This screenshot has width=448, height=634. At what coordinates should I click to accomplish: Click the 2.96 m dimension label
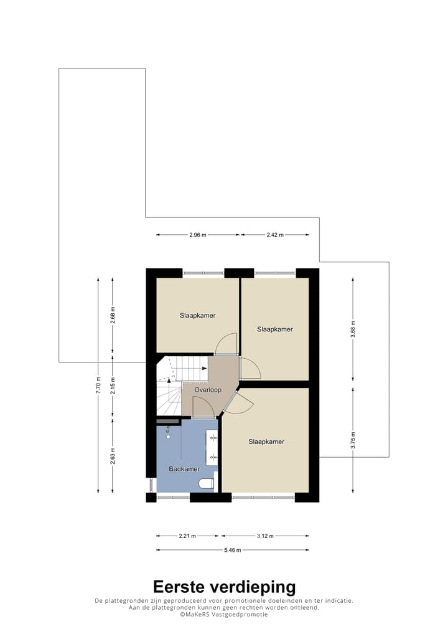pos(198,235)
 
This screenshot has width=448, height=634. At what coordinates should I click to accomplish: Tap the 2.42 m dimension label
pos(275,235)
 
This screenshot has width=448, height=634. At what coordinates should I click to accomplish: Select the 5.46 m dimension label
pos(233,550)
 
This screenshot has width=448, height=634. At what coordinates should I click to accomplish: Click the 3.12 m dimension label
pos(265,536)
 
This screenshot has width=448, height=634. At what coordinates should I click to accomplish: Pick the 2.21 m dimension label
pos(187,536)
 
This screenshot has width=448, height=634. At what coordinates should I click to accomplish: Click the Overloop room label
pos(207,390)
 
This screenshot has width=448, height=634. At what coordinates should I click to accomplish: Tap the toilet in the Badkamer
pos(205,483)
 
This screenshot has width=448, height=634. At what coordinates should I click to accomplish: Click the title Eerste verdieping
pos(224,587)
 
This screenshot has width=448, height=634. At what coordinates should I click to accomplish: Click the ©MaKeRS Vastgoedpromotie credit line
pos(224,614)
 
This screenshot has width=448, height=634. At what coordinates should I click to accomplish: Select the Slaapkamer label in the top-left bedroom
pos(198,315)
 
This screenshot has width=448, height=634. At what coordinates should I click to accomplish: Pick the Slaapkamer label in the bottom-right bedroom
pos(266,442)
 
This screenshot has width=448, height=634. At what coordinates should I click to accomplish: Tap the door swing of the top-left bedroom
pos(225,343)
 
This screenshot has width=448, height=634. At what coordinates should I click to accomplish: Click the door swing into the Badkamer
pos(203,408)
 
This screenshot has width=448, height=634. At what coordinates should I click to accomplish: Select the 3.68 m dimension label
pos(352,329)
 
